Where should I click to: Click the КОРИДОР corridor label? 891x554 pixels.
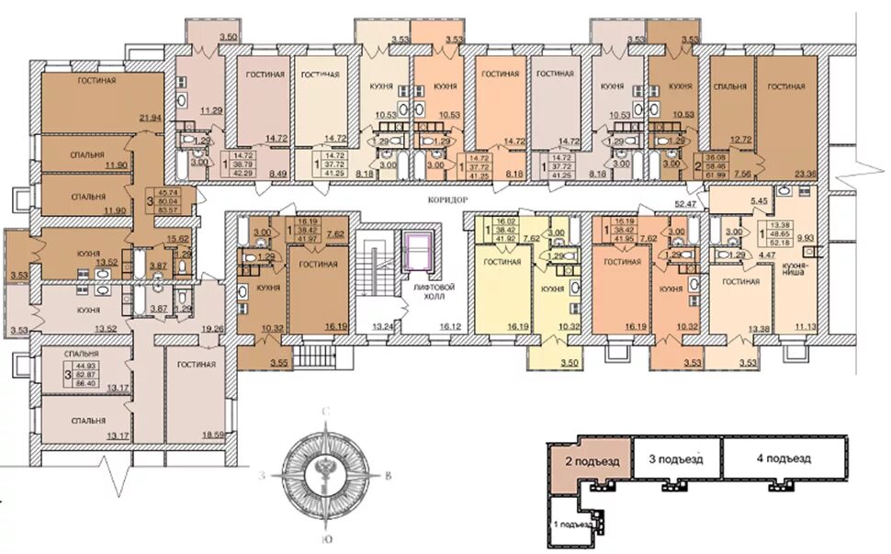(449, 199)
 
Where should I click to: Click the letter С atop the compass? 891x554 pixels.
(325, 413)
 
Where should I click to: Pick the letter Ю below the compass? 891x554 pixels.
(325, 538)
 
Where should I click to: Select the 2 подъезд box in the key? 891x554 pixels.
(590, 459)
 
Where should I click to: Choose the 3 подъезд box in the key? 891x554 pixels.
(675, 458)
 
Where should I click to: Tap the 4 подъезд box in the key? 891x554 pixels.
(784, 458)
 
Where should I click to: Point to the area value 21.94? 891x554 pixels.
(149, 119)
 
